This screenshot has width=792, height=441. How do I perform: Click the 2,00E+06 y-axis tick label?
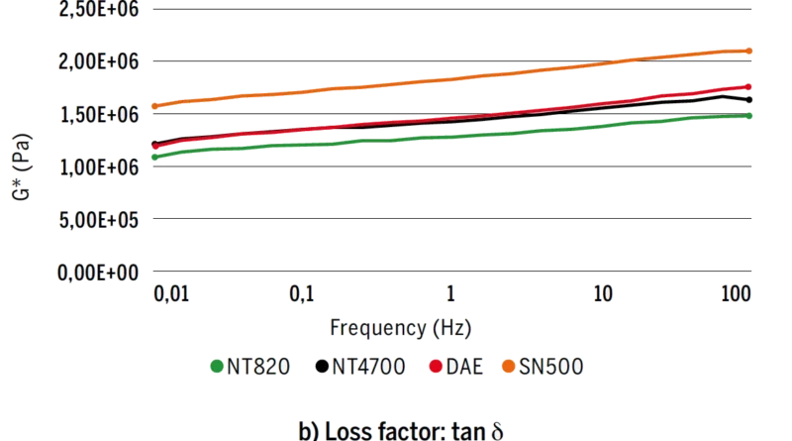coord(98,61)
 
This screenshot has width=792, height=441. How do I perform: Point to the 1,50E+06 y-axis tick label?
coord(99,115)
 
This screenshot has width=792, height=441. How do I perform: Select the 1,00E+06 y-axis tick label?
coord(99,167)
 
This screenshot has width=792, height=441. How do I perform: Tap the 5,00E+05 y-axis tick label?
coord(98,220)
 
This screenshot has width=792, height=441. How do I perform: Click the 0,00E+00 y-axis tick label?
coord(98,274)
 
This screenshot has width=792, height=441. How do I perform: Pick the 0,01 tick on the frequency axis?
coord(171,293)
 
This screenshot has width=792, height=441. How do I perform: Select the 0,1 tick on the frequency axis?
coord(302,293)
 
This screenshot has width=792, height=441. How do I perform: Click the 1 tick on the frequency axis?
coord(450,293)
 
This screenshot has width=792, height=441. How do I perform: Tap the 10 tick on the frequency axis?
coord(603,293)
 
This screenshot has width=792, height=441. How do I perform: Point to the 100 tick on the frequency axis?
coord(737,293)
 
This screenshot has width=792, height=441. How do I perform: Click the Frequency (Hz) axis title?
coord(401,328)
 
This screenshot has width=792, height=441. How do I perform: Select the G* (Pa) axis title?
coord(22,166)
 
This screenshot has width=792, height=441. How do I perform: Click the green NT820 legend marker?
coord(217,366)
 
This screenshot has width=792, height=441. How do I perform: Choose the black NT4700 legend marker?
coord(323,366)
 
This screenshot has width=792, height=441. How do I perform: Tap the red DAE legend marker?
coord(436,366)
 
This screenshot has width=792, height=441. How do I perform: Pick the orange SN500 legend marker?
coord(509,366)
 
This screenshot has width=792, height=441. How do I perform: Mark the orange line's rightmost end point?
coord(749,52)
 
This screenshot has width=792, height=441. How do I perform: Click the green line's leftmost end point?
coord(155,158)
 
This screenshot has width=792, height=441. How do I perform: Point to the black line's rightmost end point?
coord(749,100)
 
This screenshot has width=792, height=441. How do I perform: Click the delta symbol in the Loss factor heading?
coord(497,431)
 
